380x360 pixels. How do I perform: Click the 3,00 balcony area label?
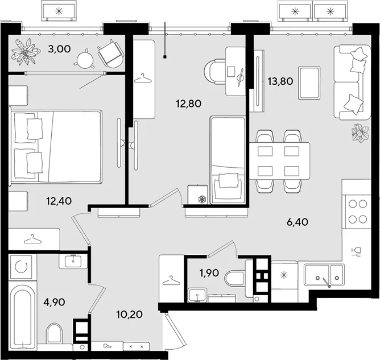pos(59,49)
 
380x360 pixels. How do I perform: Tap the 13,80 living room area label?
pos(280,81)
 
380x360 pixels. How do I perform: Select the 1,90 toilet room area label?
pos(209,273)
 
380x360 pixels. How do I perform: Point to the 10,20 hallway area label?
pos(129,315)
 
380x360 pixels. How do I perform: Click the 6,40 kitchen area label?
pos(298,222)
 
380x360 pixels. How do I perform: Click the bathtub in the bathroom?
pos(22,316)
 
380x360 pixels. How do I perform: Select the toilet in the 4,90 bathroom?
pos(54,334)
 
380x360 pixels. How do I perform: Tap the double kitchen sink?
pos(324,275)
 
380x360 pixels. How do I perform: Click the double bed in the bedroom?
pos(56,147)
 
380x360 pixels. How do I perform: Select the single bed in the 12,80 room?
pos(228,160)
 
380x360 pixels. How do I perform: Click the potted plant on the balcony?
pos(25,51)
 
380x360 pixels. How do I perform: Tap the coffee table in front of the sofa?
pos(309,83)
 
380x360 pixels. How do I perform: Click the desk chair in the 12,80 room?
pos(215,72)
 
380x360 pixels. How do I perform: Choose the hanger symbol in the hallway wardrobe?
pos(171,280)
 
